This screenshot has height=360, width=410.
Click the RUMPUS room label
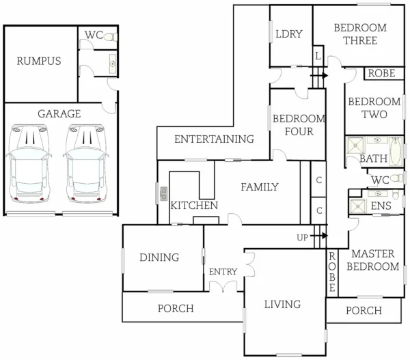[39, 61]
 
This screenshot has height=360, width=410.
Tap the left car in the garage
[29, 165]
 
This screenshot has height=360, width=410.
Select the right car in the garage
[85, 165]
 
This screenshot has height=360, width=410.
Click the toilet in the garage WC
[111, 37]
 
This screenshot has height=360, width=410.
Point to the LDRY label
[288, 35]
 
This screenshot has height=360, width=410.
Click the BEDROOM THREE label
[359, 34]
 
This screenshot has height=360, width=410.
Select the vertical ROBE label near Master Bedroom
[332, 273]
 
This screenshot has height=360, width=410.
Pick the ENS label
[381, 206]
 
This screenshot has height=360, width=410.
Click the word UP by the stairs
[302, 238]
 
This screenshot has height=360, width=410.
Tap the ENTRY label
[223, 272]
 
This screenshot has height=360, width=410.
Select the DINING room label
[159, 258]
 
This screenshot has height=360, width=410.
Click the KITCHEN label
[194, 206]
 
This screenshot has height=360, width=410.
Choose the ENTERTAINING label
[214, 139]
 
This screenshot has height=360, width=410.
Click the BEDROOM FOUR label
[293, 125]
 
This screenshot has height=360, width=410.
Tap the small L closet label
[318, 55]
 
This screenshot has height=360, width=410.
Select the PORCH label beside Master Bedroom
[364, 311]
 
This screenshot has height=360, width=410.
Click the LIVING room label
[283, 304]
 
